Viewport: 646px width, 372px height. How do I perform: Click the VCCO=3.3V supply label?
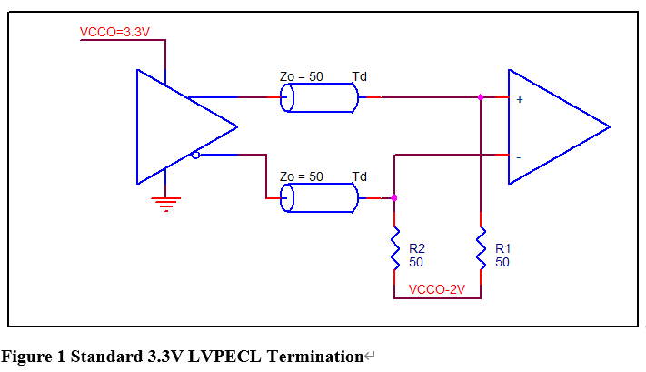tap(114, 32)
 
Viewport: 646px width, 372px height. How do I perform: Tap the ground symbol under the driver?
tap(165, 204)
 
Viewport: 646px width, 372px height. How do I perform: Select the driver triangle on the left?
tap(177, 126)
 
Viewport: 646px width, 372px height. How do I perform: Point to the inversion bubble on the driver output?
tap(195, 156)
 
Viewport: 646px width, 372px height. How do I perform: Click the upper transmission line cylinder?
tap(318, 98)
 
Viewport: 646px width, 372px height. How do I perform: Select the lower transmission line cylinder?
tap(318, 197)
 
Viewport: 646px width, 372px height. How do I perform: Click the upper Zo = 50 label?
tap(301, 76)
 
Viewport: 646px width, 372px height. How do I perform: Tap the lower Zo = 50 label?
tap(301, 176)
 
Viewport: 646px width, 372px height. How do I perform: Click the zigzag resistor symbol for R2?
tap(394, 248)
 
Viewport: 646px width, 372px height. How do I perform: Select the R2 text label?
tap(417, 247)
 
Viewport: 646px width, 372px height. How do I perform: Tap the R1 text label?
tap(502, 247)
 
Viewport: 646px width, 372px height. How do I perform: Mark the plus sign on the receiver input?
tap(519, 99)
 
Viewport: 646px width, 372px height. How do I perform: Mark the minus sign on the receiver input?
tap(518, 157)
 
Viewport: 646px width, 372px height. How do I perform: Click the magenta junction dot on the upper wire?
tap(480, 96)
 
